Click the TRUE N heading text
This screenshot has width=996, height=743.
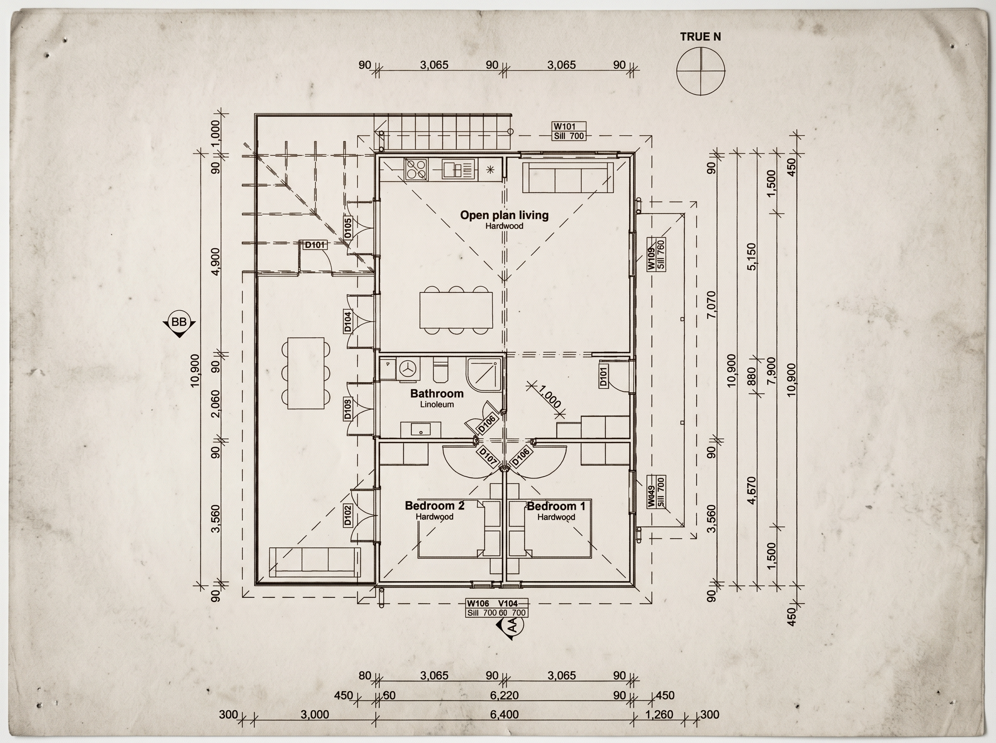click(x=700, y=37)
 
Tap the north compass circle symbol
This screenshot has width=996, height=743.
click(x=701, y=71)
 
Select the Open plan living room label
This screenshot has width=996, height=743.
click(x=504, y=215)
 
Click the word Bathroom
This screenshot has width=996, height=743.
click(x=437, y=393)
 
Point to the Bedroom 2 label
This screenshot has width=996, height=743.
click(x=435, y=505)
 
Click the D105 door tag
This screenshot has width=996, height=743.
click(x=347, y=228)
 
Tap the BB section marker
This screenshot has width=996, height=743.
click(x=179, y=323)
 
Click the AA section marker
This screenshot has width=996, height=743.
click(x=511, y=625)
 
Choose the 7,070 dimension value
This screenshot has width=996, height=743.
click(x=711, y=304)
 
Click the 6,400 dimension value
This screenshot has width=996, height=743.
click(x=505, y=714)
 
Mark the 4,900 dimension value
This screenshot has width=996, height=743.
click(x=216, y=261)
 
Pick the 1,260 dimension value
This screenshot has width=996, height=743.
click(x=659, y=714)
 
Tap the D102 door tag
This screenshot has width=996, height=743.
click(x=347, y=515)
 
